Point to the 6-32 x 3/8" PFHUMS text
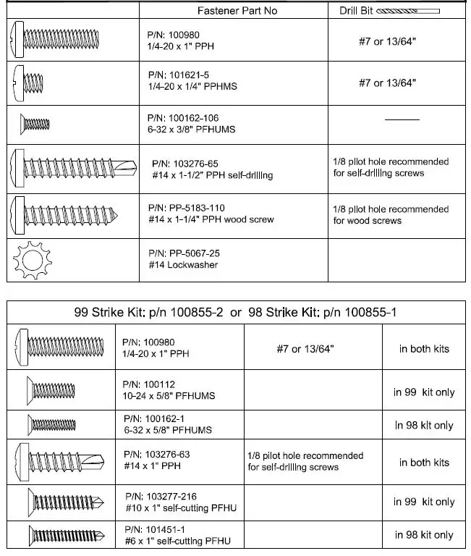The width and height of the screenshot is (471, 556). (191, 130)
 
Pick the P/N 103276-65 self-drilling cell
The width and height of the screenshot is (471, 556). (213, 169)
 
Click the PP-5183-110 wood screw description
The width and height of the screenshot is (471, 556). (211, 214)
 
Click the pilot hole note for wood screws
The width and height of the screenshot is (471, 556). (391, 215)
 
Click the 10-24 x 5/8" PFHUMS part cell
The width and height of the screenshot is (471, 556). (170, 390)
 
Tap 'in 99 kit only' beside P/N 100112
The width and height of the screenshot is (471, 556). (424, 392)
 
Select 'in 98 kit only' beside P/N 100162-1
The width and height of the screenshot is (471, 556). (424, 426)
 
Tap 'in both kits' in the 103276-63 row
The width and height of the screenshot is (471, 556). (424, 462)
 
